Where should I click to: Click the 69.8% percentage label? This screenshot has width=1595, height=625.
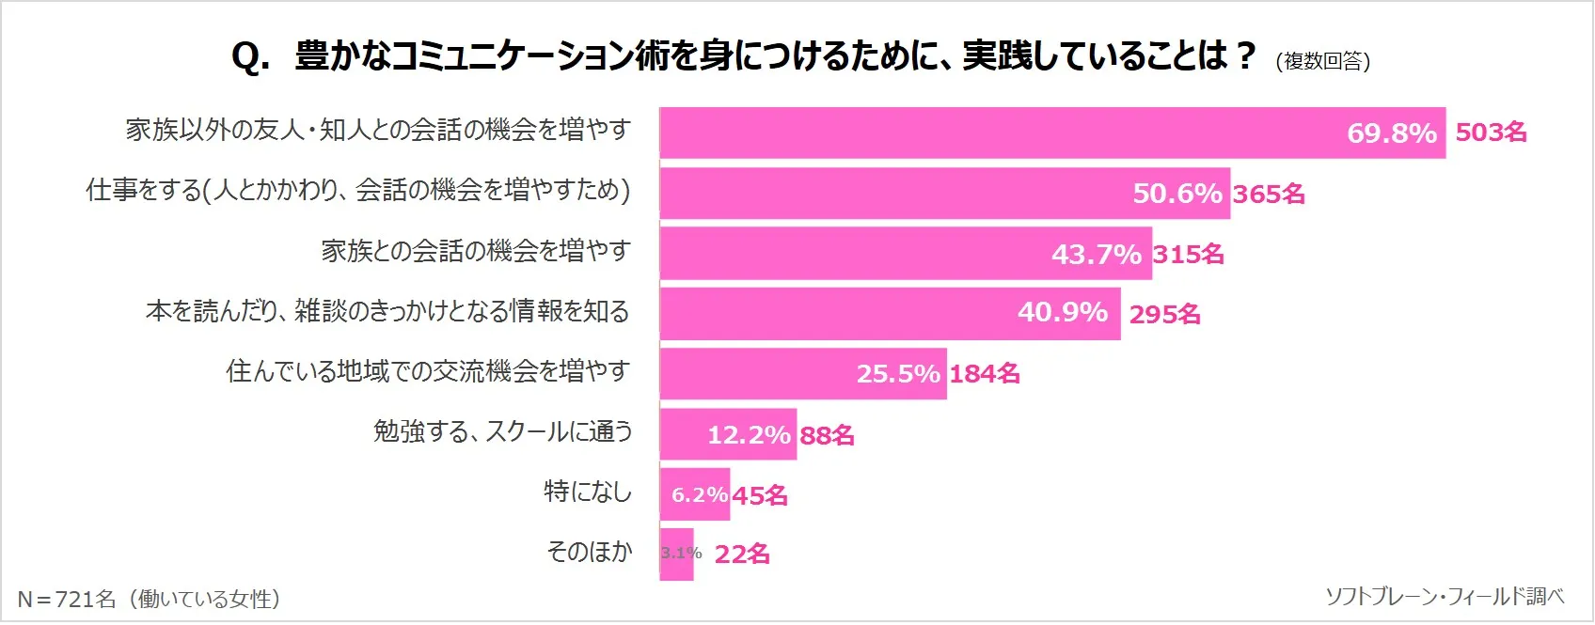point(1391,133)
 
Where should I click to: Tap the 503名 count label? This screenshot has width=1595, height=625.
point(1491,133)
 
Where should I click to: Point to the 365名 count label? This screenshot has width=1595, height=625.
point(1269,194)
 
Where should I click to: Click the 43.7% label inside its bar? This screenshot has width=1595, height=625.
point(1096,254)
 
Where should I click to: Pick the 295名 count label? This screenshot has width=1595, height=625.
point(1164,314)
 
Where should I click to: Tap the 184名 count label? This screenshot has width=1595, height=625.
point(984,374)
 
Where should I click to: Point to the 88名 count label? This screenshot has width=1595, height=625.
point(827,435)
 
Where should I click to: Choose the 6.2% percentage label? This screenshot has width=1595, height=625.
point(699,495)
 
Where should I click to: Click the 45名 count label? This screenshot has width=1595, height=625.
point(760,495)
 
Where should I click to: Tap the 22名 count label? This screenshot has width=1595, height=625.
point(742,555)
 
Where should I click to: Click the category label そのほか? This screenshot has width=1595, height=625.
point(589,552)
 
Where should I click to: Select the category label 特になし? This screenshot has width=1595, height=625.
point(588,492)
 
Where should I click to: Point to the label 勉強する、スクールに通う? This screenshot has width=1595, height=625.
point(502,431)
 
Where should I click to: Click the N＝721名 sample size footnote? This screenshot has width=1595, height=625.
point(149,599)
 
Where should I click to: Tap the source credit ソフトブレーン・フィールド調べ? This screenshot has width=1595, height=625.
point(1445,596)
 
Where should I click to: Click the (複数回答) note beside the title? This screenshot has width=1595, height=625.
point(1322,61)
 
